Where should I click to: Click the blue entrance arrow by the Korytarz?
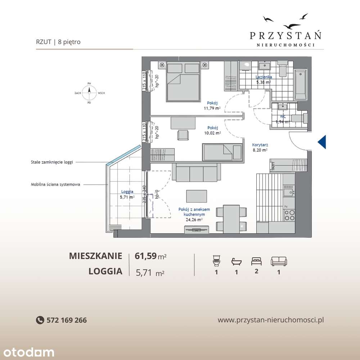(x=322, y=142)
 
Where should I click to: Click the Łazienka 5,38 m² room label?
(x=264, y=79)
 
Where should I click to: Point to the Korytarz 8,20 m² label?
(x=260, y=147)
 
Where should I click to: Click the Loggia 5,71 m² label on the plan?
(x=127, y=194)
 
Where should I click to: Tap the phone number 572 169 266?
(x=67, y=320)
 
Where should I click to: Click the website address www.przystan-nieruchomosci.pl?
(x=271, y=320)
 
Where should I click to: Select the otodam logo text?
(x=27, y=352)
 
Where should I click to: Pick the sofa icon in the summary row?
(x=278, y=261)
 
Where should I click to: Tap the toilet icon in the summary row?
(x=216, y=260)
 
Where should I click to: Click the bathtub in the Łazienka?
(x=301, y=86)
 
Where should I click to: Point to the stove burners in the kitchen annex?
(x=289, y=215)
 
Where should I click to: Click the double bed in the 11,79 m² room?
(x=183, y=82)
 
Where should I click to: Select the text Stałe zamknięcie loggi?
(x=52, y=162)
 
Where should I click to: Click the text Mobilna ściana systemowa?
(x=55, y=184)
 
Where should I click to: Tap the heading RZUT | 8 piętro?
(x=58, y=42)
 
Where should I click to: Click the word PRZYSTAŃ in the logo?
(x=285, y=35)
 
